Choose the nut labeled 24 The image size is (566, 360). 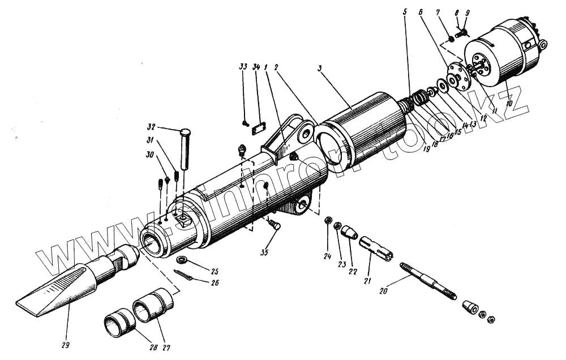click(x=328, y=221)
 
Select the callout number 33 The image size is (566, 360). click(x=243, y=67)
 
